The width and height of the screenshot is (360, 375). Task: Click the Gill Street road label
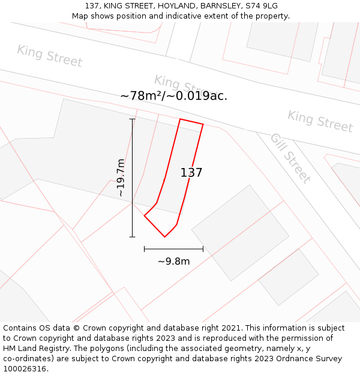[290, 158]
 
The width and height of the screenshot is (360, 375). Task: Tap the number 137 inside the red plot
[191, 173]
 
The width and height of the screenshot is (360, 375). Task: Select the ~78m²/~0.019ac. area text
[174, 96]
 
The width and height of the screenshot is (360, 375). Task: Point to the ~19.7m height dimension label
[121, 178]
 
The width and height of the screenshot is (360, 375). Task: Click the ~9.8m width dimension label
[173, 262]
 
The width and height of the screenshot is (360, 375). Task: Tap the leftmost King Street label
[49, 56]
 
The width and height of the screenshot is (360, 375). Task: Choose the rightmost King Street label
[320, 121]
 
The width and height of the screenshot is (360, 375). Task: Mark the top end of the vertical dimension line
[132, 119]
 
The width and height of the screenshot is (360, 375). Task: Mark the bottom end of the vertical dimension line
[132, 237]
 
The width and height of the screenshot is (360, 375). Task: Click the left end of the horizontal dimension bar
[145, 248]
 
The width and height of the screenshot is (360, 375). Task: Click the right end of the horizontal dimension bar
[203, 248]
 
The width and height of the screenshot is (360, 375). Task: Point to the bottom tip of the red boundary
[164, 237]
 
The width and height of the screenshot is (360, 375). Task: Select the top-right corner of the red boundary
[203, 124]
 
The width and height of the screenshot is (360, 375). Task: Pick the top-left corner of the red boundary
[180, 119]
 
